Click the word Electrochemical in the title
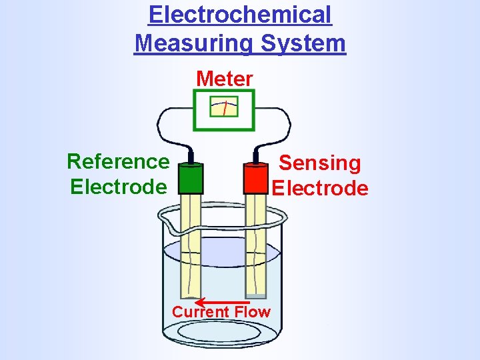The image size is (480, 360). [x=240, y=15]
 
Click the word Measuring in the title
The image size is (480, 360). [x=194, y=44]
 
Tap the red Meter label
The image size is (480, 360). [x=225, y=79]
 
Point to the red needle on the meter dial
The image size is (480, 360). [x=226, y=107]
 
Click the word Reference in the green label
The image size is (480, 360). [x=118, y=161]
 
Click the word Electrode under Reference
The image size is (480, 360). [x=118, y=187]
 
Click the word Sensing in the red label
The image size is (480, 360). [x=319, y=163]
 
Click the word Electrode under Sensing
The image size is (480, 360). [x=320, y=188]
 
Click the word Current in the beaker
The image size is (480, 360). [x=201, y=312]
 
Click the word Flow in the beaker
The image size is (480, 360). [x=252, y=312]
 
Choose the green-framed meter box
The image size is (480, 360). [x=225, y=109]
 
